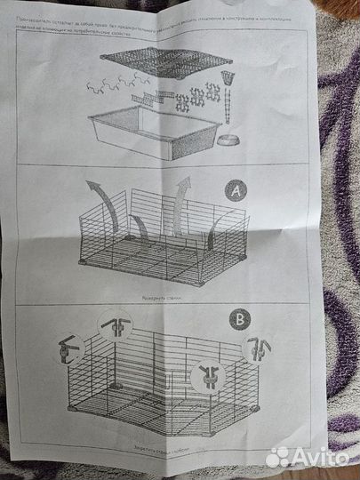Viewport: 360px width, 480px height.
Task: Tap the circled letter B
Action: pyautogui.click(x=239, y=318)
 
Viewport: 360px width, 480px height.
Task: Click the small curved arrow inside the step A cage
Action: pyautogui.click(x=140, y=227)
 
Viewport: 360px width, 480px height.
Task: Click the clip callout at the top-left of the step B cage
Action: pyautogui.click(x=114, y=326)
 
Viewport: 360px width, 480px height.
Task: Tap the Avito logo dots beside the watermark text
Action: pyautogui.click(x=276, y=456)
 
